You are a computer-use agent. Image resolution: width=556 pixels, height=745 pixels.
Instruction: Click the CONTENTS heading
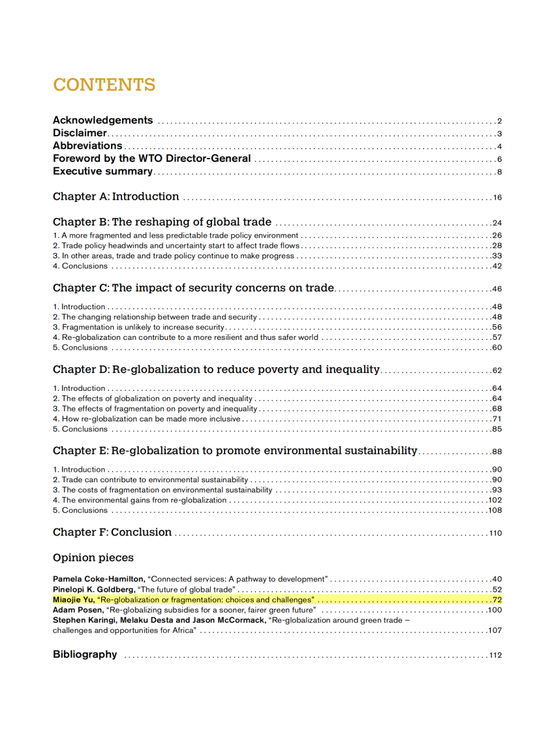coord(104,85)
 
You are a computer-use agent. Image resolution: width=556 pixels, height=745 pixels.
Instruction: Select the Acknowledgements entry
coord(103,120)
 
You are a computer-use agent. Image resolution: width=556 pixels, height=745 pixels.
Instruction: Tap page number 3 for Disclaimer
coord(499,134)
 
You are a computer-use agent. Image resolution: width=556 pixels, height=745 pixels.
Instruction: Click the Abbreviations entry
coord(87,146)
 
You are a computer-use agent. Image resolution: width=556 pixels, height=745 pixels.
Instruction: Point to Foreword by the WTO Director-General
coord(151,159)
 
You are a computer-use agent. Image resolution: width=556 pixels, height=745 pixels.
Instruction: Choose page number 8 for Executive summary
coord(499,172)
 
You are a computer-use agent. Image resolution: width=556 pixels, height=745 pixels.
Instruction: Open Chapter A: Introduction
coord(116,197)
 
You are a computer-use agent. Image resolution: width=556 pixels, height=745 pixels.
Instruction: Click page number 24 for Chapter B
coord(497,223)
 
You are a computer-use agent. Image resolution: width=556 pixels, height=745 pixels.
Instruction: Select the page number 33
coord(497,256)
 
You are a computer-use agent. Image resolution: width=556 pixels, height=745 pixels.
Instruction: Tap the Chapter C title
coord(193,288)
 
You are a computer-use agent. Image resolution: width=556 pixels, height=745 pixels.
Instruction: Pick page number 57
coord(497,337)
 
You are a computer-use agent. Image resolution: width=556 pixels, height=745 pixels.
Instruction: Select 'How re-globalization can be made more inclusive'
coord(147,419)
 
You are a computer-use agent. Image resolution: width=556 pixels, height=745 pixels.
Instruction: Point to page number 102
coord(495,500)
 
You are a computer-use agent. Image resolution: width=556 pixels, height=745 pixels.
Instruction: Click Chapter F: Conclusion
coord(112,533)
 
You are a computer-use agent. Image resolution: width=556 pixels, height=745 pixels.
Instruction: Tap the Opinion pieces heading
coord(93,558)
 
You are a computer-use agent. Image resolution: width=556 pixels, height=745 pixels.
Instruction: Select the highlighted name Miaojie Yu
coord(74,599)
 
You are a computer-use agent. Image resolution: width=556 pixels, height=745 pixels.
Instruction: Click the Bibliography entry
coord(85,654)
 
